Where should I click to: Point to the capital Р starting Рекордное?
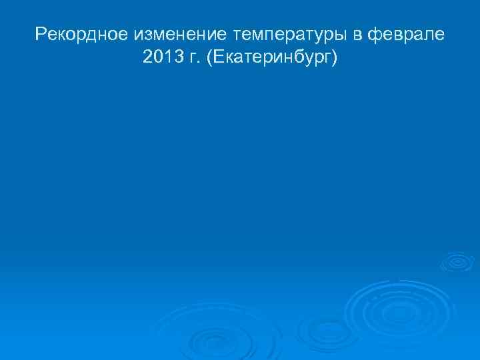point(41,33)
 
